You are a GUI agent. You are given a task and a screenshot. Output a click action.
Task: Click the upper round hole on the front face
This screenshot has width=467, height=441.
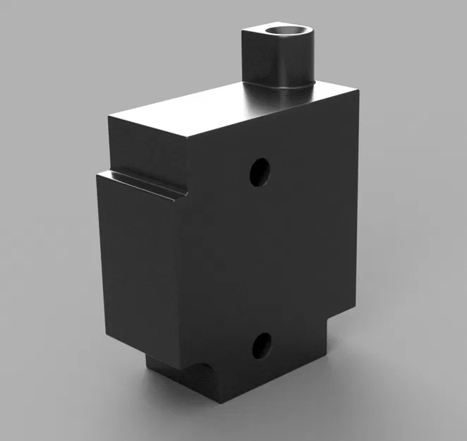(x=260, y=171)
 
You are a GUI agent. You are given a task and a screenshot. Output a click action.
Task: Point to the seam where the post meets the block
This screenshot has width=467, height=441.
(x=282, y=87)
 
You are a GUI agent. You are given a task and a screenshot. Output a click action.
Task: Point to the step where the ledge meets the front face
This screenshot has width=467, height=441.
(x=185, y=192)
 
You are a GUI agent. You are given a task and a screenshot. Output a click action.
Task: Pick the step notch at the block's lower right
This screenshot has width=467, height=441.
(x=332, y=321)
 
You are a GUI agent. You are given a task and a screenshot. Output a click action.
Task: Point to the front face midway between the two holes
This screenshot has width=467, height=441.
(x=261, y=258)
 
